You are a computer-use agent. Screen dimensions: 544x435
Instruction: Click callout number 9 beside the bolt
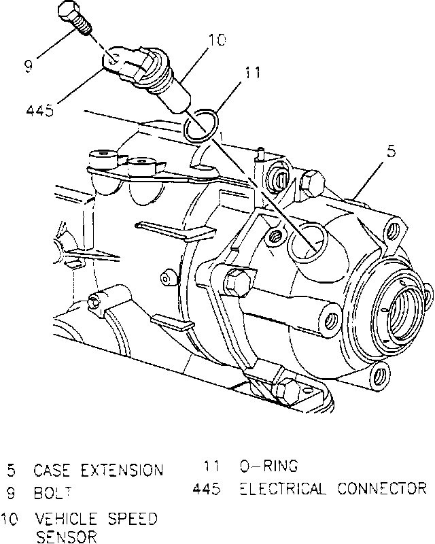point(29,66)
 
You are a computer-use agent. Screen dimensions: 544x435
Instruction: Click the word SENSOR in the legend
point(67,537)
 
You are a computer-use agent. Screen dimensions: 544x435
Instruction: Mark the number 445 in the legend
point(207,488)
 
